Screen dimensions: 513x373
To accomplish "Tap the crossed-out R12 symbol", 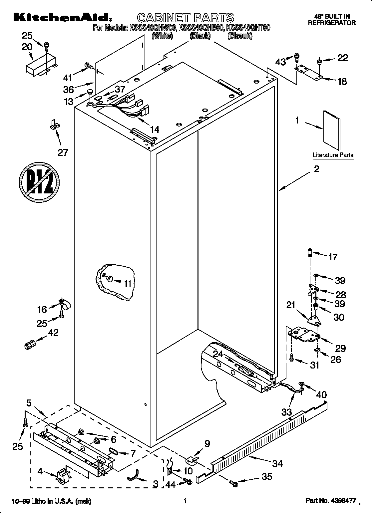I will click(39, 182).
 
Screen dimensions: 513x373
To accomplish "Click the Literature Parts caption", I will click(333, 155).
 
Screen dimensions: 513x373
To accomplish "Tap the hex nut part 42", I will click(29, 345).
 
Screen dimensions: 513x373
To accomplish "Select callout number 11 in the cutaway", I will click(128, 284).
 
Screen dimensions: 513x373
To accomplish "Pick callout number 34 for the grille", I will click(277, 463).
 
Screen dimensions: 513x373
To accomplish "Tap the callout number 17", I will click(332, 257).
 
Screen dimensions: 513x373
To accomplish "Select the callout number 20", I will click(27, 47).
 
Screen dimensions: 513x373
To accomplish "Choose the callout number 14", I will click(154, 129).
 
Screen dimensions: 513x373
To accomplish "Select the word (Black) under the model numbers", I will click(200, 36).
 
